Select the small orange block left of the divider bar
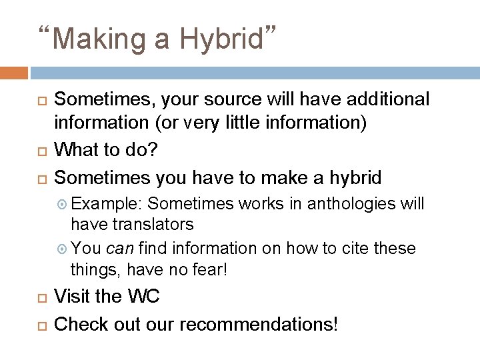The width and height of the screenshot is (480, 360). pos(14,73)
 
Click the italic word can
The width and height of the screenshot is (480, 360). pos(120,249)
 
